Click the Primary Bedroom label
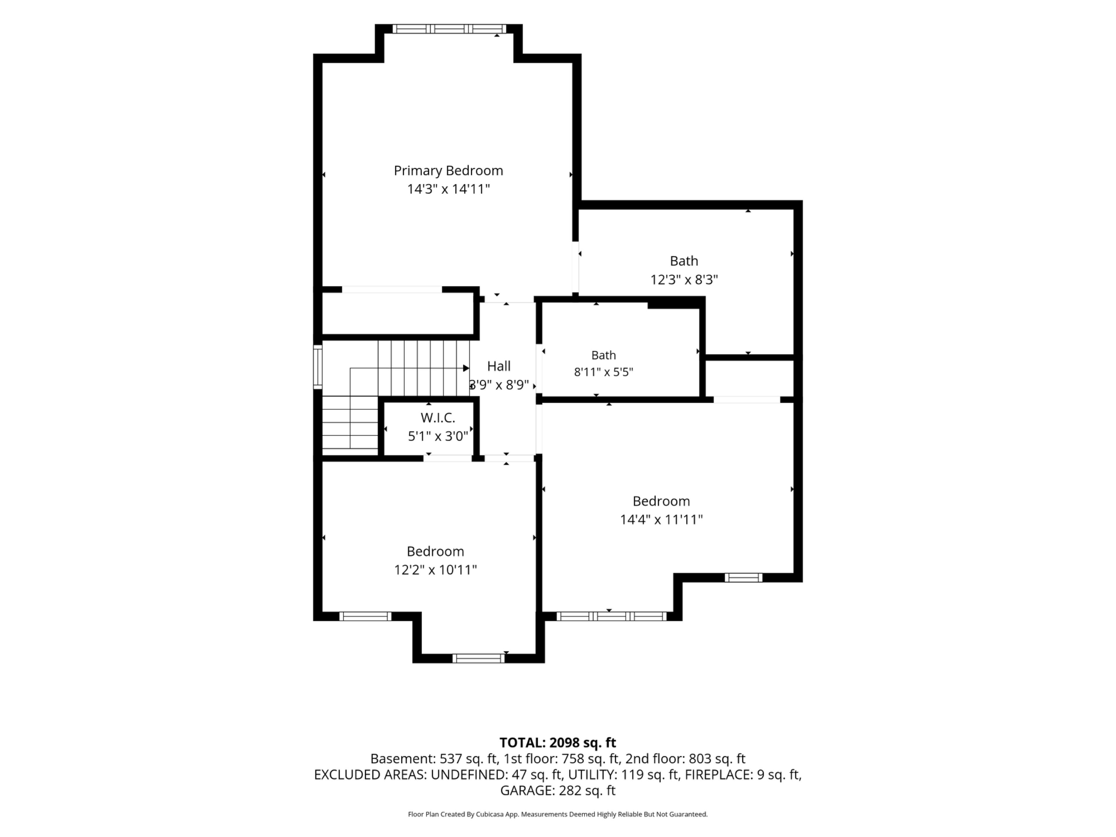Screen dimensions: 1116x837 tap(448, 171)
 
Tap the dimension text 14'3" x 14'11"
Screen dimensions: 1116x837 tap(448, 189)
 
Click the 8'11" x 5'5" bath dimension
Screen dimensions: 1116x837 tap(603, 372)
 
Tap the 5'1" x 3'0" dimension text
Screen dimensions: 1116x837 tap(438, 436)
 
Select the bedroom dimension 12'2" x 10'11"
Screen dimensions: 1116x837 tap(435, 570)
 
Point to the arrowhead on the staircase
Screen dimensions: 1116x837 tap(466, 368)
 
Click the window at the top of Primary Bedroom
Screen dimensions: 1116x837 tap(449, 29)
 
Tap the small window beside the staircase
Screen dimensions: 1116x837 tap(318, 367)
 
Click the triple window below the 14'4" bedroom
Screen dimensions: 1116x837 tap(611, 616)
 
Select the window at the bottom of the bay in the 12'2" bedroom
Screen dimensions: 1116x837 tap(478, 658)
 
